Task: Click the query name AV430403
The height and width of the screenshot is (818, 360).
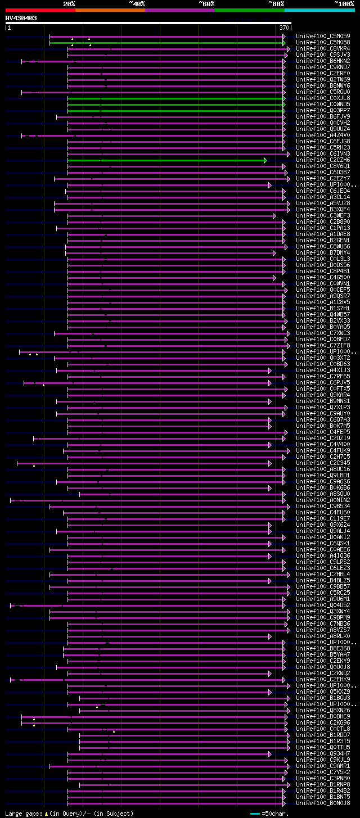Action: pyautogui.click(x=21, y=18)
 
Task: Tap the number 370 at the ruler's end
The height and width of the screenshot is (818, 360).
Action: pyautogui.click(x=284, y=27)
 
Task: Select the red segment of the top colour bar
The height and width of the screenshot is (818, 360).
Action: pyautogui.click(x=40, y=10)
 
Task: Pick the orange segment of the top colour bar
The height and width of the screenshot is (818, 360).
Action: pyautogui.click(x=110, y=10)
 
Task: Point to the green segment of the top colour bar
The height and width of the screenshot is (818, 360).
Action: pyautogui.click(x=249, y=10)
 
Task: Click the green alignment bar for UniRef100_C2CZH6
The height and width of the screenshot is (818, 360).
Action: pyautogui.click(x=166, y=160)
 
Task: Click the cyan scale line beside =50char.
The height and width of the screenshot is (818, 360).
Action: pyautogui.click(x=255, y=814)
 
